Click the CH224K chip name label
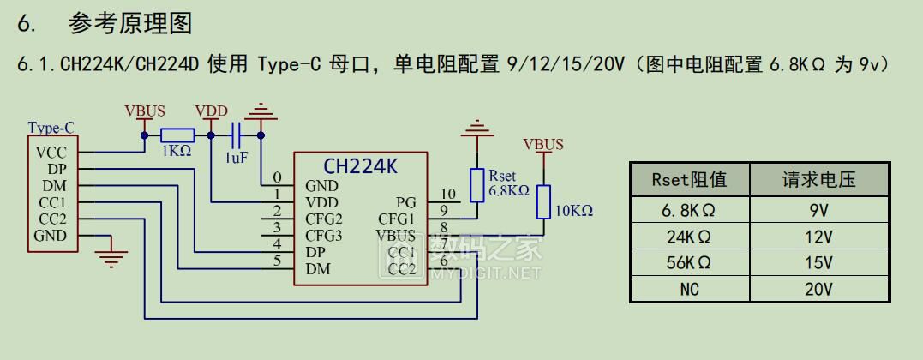click(360, 165)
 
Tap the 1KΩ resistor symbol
click(177, 134)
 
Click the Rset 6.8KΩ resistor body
click(476, 184)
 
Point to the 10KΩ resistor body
click(543, 204)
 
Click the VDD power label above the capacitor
click(211, 111)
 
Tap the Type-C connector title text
click(51, 128)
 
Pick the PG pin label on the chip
click(406, 202)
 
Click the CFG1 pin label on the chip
click(397, 219)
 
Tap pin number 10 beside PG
click(447, 195)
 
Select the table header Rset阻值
click(690, 180)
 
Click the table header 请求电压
click(818, 180)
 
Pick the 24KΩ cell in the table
click(690, 237)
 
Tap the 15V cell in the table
click(818, 262)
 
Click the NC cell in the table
click(690, 289)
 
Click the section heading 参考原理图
click(132, 23)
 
